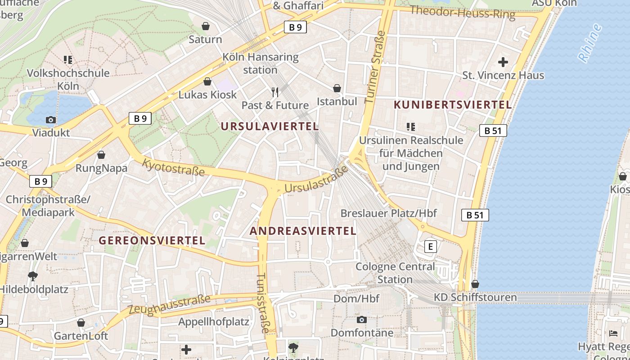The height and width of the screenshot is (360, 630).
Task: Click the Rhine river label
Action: [590, 43]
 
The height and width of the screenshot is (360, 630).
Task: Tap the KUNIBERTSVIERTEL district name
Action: [453, 105]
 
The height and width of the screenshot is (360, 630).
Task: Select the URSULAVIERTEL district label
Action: [270, 126]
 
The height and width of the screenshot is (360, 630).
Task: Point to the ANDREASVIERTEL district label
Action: [303, 231]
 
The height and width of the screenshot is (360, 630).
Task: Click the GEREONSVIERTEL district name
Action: [152, 240]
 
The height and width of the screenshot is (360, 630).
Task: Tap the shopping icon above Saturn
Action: [206, 26]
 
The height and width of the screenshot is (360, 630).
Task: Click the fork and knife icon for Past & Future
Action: [275, 92]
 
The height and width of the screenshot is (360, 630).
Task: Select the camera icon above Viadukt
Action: [51, 120]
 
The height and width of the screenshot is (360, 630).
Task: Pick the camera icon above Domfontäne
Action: [361, 320]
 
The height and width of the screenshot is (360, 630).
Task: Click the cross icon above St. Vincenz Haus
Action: [503, 62]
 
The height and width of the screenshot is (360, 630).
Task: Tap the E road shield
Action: [431, 247]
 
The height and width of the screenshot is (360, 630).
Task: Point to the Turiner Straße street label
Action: [375, 67]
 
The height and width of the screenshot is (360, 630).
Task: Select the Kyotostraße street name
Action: [174, 167]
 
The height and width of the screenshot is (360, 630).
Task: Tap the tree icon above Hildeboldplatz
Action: [32, 276]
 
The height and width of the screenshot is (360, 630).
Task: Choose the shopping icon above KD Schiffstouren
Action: [475, 284]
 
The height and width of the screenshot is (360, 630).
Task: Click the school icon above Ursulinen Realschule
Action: [410, 127]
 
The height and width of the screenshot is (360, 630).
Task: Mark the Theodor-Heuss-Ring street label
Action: [462, 12]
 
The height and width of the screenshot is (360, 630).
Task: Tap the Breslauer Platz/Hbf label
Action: [388, 213]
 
